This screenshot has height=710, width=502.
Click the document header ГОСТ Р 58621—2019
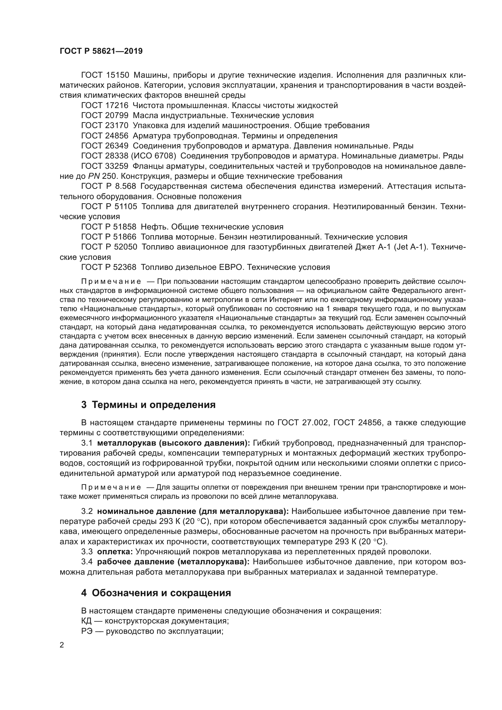pyautogui.click(x=101, y=51)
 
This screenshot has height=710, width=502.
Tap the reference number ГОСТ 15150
pyautogui.click(x=104, y=75)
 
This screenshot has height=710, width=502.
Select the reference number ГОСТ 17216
pyautogui.click(x=104, y=105)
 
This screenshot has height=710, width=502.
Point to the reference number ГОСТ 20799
pyautogui.click(x=104, y=116)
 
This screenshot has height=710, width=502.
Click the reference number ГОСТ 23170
pyautogui.click(x=104, y=126)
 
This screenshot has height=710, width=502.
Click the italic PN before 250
pyautogui.click(x=93, y=176)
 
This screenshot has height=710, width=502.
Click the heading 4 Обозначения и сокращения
pyautogui.click(x=156, y=593)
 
